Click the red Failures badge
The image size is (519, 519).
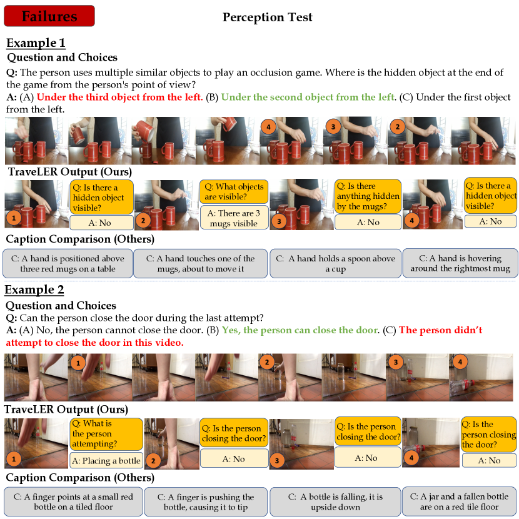click(x=49, y=16)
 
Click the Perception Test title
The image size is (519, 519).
click(x=267, y=17)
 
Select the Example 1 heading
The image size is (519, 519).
click(x=36, y=43)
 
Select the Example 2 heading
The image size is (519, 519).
click(x=34, y=290)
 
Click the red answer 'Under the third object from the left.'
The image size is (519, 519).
click(x=119, y=97)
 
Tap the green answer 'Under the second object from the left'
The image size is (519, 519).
click(x=308, y=97)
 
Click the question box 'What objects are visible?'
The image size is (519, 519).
click(x=234, y=191)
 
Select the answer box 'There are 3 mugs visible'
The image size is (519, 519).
click(x=234, y=218)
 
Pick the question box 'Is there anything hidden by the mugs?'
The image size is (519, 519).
click(x=368, y=196)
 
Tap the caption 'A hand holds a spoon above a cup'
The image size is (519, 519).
click(x=335, y=263)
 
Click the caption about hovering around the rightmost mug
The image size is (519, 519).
click(x=460, y=263)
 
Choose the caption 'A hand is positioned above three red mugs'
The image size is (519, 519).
click(x=68, y=263)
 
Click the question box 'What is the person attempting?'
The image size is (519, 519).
click(x=106, y=434)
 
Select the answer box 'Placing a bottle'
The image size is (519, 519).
click(x=106, y=460)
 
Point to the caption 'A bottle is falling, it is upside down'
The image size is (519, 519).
click(x=335, y=501)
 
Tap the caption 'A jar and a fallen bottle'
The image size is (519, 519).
click(x=460, y=501)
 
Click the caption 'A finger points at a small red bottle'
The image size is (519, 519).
click(x=74, y=501)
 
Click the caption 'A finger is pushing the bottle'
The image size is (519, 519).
click(x=206, y=501)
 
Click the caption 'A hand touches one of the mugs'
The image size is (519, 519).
click(x=200, y=263)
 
